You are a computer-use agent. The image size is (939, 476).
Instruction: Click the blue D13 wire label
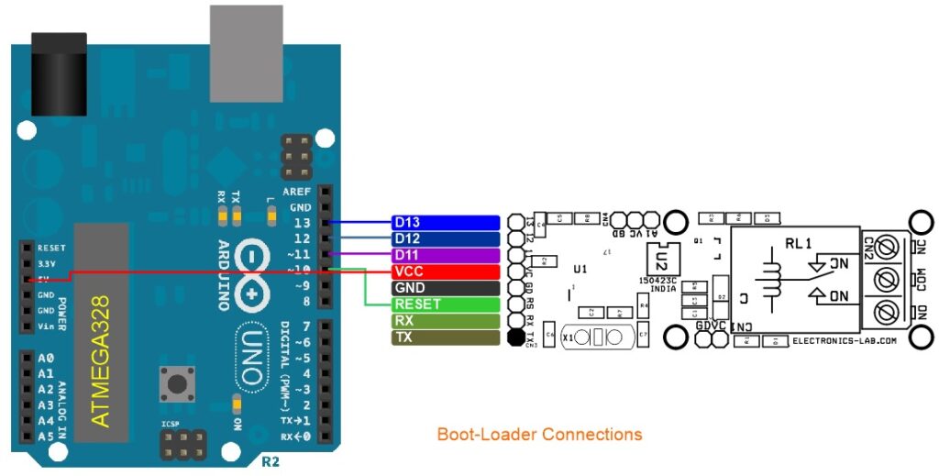pyautogui.click(x=446, y=223)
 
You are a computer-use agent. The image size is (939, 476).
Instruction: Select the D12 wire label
pyautogui.click(x=446, y=239)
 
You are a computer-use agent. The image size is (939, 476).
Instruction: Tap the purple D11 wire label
pyautogui.click(x=446, y=255)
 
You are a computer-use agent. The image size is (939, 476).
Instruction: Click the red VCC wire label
pyautogui.click(x=446, y=271)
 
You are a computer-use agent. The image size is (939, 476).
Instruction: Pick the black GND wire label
pyautogui.click(x=446, y=288)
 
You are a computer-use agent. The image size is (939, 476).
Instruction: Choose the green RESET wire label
pyautogui.click(x=446, y=304)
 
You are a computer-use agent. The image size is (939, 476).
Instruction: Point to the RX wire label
pyautogui.click(x=446, y=321)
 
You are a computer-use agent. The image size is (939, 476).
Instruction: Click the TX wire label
pyautogui.click(x=446, y=338)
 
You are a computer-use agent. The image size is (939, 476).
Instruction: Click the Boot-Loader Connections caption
pyautogui.click(x=539, y=434)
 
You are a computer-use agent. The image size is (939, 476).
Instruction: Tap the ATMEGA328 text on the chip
pyautogui.click(x=102, y=360)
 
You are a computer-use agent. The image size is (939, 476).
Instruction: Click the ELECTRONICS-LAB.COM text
pyautogui.click(x=843, y=340)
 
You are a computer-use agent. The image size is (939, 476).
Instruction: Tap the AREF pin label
pyautogui.click(x=296, y=193)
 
